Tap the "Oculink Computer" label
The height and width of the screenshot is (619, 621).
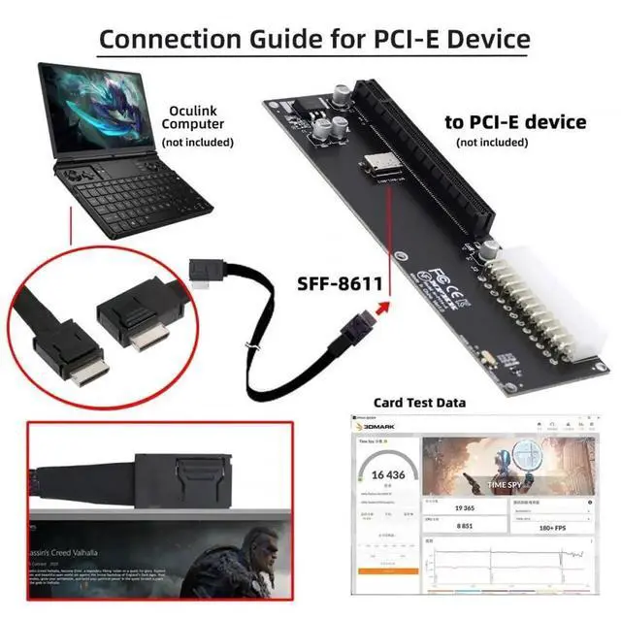tap(197, 117)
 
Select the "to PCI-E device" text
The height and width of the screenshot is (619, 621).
tap(515, 122)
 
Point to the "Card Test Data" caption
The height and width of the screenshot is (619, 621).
tap(419, 402)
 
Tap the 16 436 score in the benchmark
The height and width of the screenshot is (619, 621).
tap(380, 475)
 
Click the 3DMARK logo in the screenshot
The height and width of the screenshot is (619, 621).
tap(380, 425)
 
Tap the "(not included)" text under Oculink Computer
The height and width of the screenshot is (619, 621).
tap(197, 142)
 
